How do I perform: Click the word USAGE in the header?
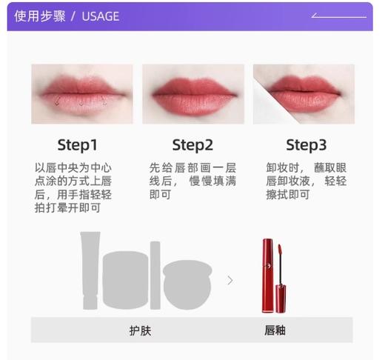pos(100,16)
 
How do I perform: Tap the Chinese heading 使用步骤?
pos(38,16)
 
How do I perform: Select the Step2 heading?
pos(192,144)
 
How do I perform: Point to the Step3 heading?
pos(306,144)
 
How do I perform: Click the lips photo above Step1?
pos(81,93)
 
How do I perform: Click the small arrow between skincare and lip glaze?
pos(230,280)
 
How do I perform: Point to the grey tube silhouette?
pos(90,270)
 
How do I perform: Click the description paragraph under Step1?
pos(73,188)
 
